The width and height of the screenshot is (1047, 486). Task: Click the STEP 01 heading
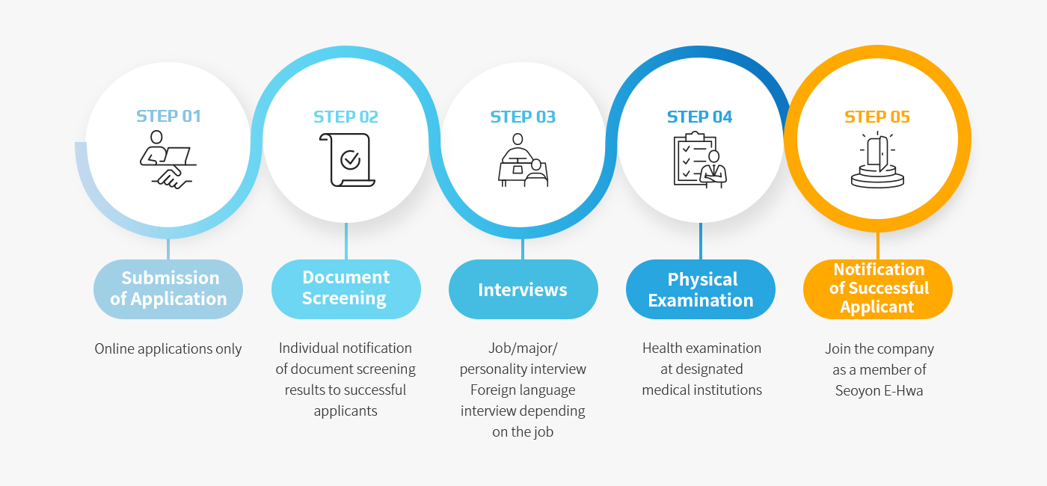tap(168, 116)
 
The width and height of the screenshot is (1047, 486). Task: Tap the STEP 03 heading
tap(523, 117)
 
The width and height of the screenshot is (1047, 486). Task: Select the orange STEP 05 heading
tap(876, 117)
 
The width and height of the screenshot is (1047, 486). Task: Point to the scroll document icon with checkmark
tap(347, 160)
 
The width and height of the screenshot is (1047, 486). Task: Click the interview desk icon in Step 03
tap(523, 160)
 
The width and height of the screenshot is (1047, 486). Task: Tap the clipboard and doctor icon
tap(700, 160)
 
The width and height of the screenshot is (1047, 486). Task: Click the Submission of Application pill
tap(168, 289)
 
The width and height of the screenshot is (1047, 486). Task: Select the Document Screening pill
tap(346, 289)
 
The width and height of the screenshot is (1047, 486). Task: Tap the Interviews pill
tap(523, 289)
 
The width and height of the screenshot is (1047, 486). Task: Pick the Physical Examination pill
tap(700, 289)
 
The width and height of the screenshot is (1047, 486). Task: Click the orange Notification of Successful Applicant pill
tap(878, 289)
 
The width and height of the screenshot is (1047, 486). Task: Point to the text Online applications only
tap(168, 349)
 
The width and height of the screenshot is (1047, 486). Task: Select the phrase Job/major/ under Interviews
tap(523, 348)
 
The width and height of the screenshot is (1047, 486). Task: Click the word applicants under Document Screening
tap(346, 411)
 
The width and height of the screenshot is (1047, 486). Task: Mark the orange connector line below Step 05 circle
tap(878, 246)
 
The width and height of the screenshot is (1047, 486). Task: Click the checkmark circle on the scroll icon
tap(350, 160)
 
